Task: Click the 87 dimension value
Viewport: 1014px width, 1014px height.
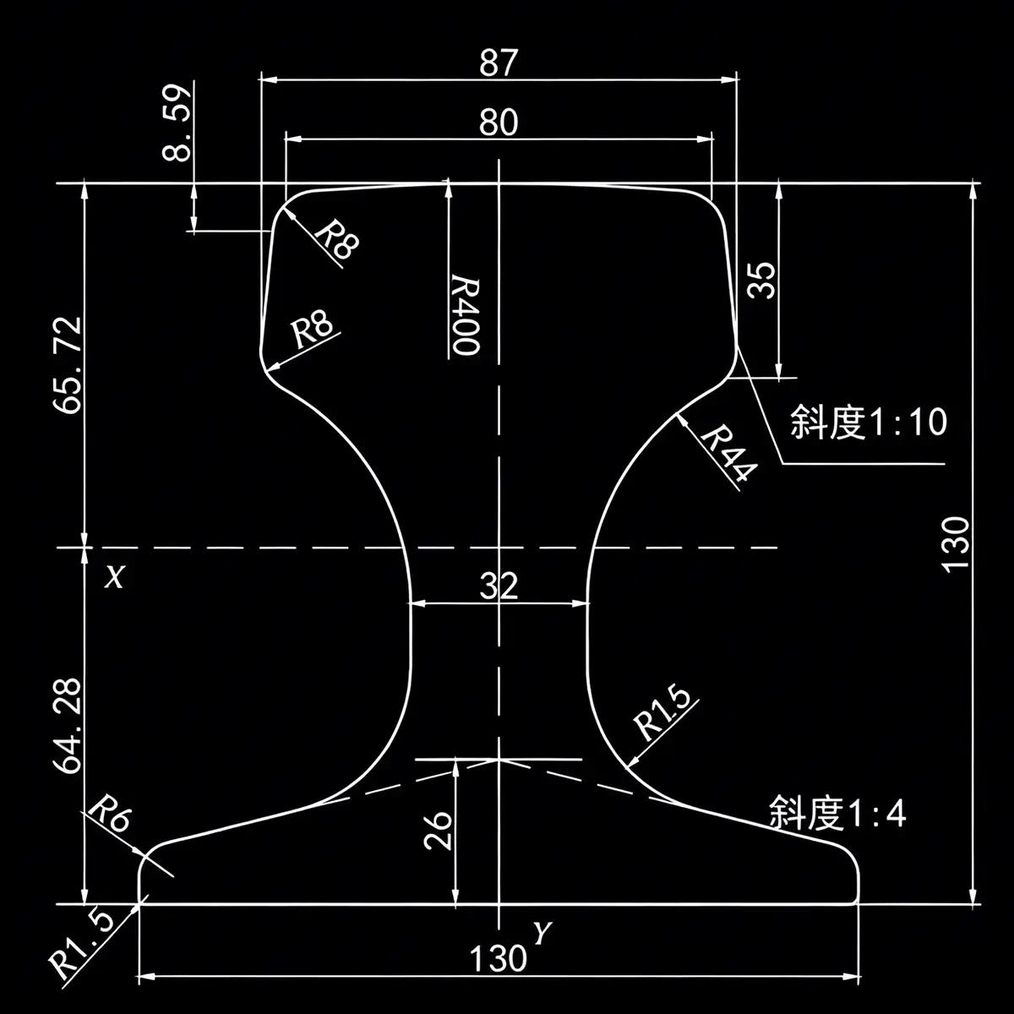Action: tap(499, 62)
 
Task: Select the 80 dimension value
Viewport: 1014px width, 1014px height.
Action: tap(499, 122)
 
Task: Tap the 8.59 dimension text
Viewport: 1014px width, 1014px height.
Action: tap(177, 122)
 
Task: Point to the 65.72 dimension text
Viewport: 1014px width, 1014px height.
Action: tap(68, 365)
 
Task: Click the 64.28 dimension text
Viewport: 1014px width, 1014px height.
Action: tap(68, 726)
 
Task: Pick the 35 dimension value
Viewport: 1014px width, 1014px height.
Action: tap(762, 281)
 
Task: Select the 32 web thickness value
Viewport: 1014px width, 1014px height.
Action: tap(499, 586)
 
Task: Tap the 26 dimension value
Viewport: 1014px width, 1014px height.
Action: tap(438, 831)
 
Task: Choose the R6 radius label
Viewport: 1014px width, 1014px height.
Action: tap(110, 814)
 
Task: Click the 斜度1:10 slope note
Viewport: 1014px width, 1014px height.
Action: tap(869, 422)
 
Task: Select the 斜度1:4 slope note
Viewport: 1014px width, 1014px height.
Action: tap(837, 813)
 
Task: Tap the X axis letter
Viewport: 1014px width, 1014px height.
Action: tap(114, 577)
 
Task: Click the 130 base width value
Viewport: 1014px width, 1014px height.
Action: tap(498, 959)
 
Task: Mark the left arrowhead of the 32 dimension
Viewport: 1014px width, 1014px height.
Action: tap(417, 603)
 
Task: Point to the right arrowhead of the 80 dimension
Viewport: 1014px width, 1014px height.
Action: tap(704, 139)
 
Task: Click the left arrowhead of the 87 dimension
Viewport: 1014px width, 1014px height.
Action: tap(269, 80)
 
